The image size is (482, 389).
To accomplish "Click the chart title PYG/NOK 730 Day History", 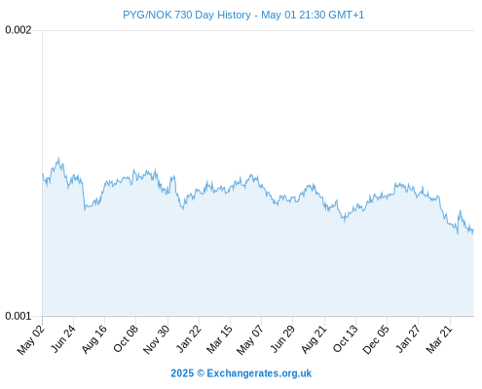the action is [x=187, y=15].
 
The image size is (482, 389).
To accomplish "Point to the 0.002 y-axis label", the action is [x=19, y=30].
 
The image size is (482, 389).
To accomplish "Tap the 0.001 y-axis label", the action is [x=19, y=316].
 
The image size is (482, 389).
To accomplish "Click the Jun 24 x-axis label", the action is [x=63, y=338].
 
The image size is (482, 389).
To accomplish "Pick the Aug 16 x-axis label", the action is [x=94, y=339].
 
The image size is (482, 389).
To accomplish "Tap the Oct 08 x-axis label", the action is [x=126, y=338].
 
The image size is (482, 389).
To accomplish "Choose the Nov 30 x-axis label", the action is [x=157, y=339].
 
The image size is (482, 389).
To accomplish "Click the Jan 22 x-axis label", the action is [x=189, y=338].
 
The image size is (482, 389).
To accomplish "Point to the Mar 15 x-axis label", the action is [x=220, y=339].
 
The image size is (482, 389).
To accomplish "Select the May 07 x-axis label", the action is [x=250, y=339].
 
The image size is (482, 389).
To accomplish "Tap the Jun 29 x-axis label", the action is [x=282, y=338].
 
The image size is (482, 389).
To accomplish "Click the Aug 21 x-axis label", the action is [x=314, y=339].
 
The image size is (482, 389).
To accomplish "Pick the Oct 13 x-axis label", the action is [x=346, y=338].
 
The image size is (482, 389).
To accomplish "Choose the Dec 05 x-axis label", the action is [x=376, y=339].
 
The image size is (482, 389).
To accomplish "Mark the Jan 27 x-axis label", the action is [x=408, y=338].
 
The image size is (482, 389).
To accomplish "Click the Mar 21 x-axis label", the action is [x=439, y=339].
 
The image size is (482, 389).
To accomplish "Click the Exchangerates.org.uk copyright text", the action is [x=241, y=373].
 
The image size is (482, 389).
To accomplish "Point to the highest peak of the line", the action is [x=58, y=158].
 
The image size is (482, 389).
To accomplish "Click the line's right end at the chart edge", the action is [x=473, y=230].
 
